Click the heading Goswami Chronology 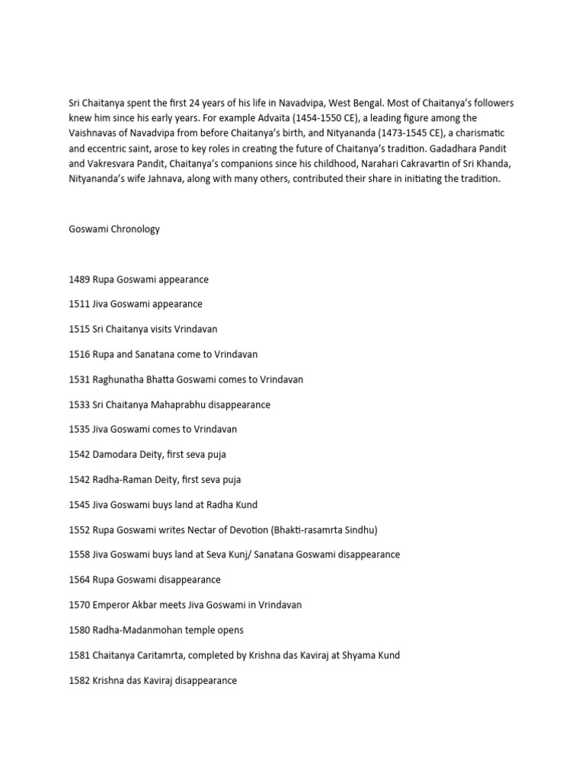tap(114, 229)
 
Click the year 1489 tap(79, 280)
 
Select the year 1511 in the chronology tap(79, 305)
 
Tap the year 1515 tap(79, 330)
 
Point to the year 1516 tap(79, 355)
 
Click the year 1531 tap(79, 379)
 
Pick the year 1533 tap(79, 404)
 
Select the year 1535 tap(79, 430)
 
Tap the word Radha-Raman tap(124, 480)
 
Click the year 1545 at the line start tap(79, 505)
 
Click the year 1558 tap(79, 555)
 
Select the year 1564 tap(79, 580)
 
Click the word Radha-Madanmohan tap(138, 630)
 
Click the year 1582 tap(79, 680)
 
